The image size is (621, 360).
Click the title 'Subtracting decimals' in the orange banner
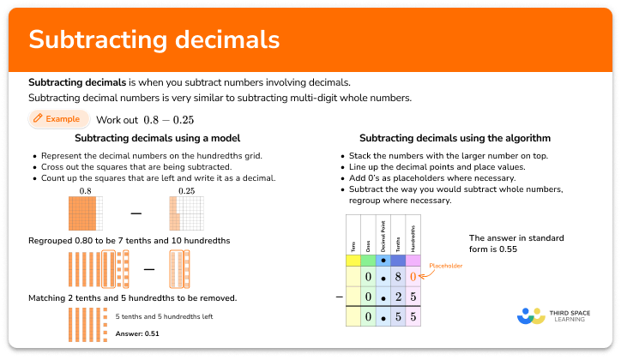click(x=154, y=39)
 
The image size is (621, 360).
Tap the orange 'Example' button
click(x=58, y=119)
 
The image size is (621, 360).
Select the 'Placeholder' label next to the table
click(x=446, y=267)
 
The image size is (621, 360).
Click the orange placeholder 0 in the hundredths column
click(x=413, y=277)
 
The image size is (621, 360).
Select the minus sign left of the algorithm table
click(x=340, y=296)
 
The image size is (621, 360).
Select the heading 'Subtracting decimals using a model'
click(x=157, y=137)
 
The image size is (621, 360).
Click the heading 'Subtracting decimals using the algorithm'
click(x=455, y=137)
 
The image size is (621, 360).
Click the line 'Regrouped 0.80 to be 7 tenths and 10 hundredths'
click(x=129, y=241)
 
